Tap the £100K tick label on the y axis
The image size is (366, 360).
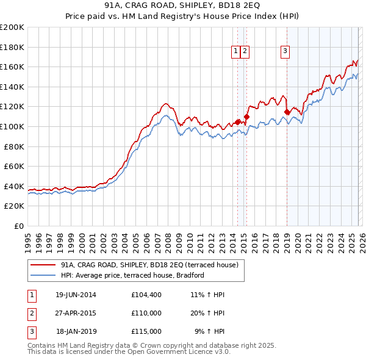[12, 126]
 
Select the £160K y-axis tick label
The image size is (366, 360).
[12, 67]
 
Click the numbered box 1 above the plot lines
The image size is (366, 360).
[236, 52]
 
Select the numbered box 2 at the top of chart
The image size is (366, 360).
[245, 52]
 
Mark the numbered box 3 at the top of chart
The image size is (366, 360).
[285, 52]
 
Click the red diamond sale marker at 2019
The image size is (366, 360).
[287, 112]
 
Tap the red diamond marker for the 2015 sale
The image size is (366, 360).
[246, 117]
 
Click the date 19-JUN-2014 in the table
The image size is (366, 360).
[76, 295]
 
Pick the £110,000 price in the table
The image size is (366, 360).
[146, 313]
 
